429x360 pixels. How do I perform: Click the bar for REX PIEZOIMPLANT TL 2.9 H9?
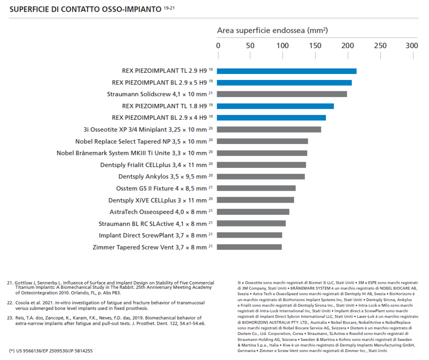[287, 71]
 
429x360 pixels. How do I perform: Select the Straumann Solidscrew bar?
[282, 94]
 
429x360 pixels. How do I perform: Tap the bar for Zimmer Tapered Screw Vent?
[249, 247]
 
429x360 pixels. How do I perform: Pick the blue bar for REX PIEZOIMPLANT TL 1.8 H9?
[275, 106]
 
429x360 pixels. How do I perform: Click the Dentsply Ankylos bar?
[261, 177]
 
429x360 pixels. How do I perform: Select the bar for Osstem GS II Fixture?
[256, 188]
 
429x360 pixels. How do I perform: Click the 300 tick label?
[412, 45]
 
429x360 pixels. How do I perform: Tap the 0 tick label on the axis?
[218, 45]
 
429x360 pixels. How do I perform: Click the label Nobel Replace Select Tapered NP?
[141, 141]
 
